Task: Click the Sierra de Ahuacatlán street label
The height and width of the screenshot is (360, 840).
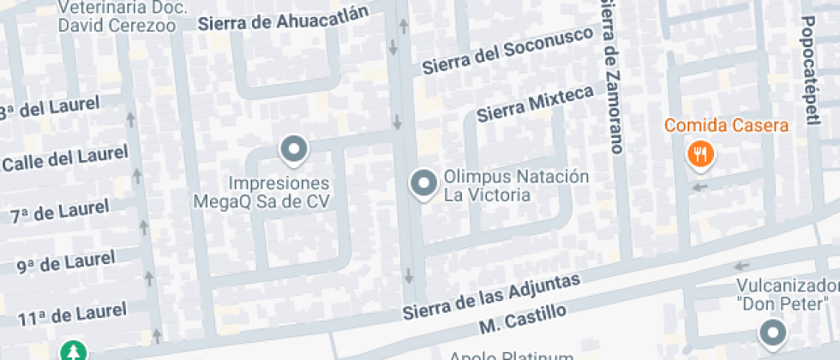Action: (283, 18)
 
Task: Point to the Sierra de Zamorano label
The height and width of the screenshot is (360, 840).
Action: (610, 77)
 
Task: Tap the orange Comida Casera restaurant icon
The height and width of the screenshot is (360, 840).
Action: (701, 155)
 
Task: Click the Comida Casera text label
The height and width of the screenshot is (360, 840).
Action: (726, 127)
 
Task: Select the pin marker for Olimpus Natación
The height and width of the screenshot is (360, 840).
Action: (423, 183)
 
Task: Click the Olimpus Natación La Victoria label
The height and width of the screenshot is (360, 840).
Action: (516, 185)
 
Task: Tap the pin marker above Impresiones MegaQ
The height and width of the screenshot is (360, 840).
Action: (294, 150)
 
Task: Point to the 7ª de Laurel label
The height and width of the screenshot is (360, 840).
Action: (60, 210)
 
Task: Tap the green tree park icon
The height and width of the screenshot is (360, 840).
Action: (74, 351)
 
